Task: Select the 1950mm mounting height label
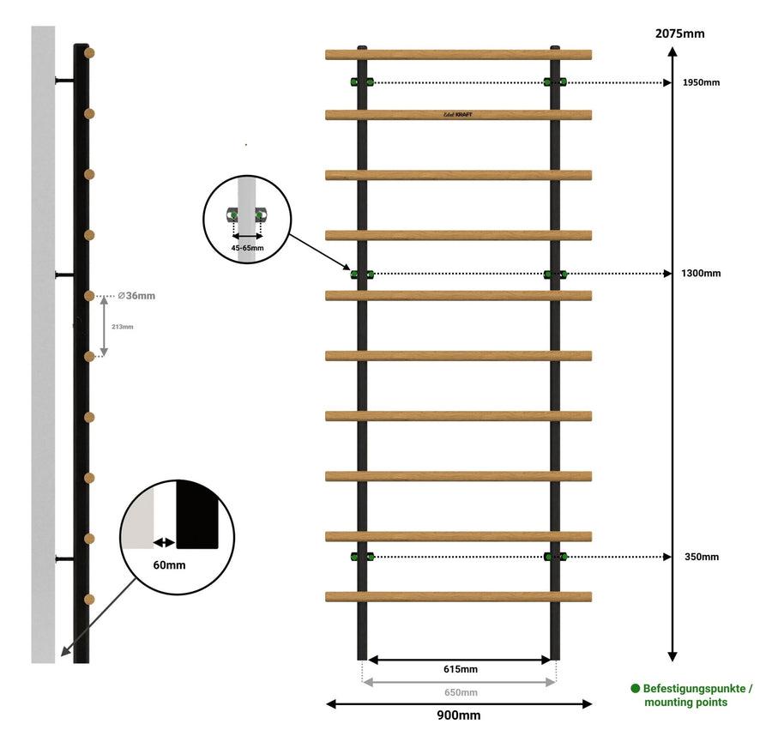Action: click(702, 83)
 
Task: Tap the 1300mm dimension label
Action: click(702, 274)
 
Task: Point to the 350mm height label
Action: click(702, 557)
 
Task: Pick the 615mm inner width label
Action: click(460, 669)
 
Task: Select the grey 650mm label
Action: click(460, 692)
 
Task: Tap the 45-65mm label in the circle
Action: click(247, 247)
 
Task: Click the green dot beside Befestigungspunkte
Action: click(636, 688)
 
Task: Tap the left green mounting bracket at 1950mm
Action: click(361, 82)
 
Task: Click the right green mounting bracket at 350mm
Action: click(555, 557)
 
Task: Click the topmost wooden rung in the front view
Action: click(458, 55)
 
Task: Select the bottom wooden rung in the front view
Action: click(458, 596)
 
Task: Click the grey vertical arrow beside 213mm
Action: click(105, 326)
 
